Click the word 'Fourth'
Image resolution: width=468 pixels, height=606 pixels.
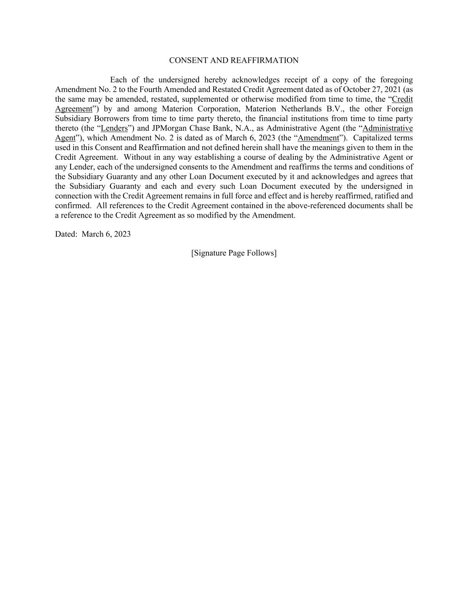point(151,90)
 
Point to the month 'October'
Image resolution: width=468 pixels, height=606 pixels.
point(358,90)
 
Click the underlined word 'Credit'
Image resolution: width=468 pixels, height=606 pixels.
point(402,99)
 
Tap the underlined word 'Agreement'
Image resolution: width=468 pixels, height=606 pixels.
point(74,109)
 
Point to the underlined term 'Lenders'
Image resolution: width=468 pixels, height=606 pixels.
point(114,128)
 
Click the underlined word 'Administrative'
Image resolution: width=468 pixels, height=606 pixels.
point(387,128)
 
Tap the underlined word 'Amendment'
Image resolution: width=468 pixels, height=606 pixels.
point(318,138)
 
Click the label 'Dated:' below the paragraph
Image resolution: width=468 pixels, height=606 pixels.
point(66,234)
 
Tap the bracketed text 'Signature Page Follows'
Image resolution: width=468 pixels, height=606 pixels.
point(234,253)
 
